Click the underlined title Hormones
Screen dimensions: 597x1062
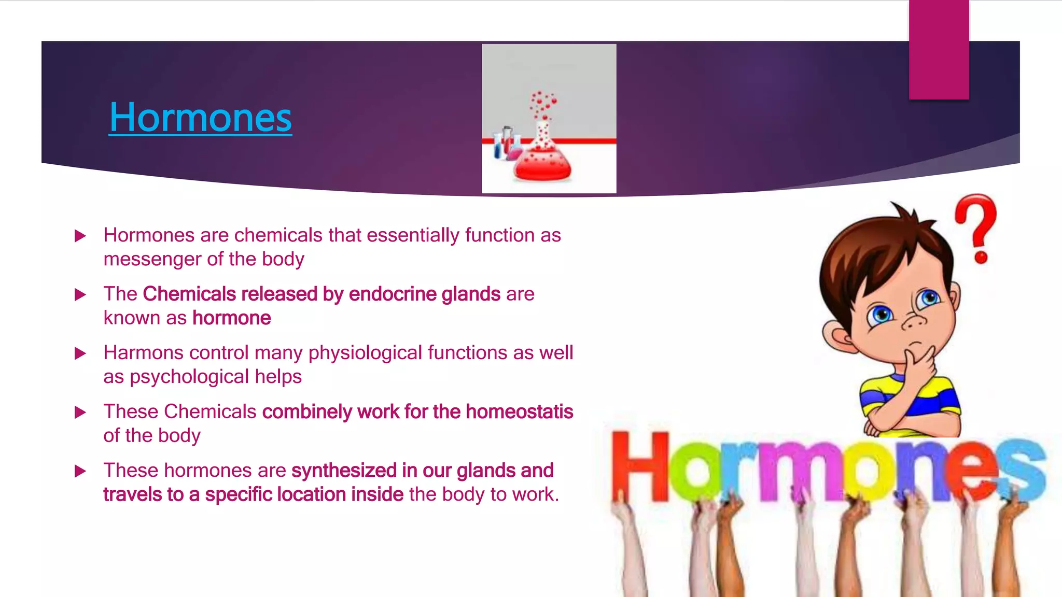coord(200,118)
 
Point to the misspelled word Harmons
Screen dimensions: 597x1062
coord(143,353)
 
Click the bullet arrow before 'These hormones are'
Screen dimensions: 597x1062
coord(80,471)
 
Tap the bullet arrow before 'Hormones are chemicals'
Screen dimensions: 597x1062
coord(80,236)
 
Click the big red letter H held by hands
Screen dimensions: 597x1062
coord(639,466)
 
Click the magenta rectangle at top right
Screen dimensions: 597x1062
coord(939,49)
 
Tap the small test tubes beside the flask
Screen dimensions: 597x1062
coord(505,143)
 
